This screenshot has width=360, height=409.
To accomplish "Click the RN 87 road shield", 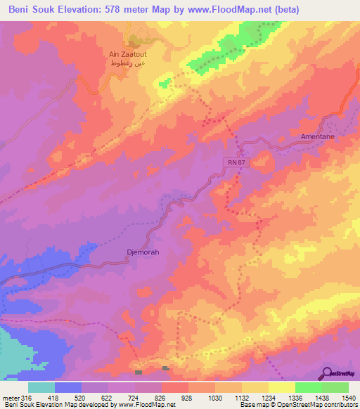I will click(236, 162).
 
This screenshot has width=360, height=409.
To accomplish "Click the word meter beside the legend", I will click(10, 397).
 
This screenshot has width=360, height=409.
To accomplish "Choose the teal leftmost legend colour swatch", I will click(41, 387).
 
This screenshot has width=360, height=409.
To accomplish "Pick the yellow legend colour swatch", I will click(281, 387).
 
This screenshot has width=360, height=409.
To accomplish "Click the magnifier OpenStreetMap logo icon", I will click(328, 372).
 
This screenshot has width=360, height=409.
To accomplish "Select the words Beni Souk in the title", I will click(30, 9).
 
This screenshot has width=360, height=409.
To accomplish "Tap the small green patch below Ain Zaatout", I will click(164, 83).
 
